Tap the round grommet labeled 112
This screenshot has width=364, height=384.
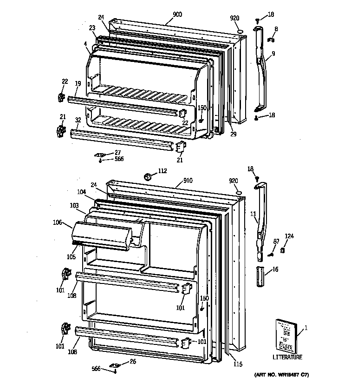148,176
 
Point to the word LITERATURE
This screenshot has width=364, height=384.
287,357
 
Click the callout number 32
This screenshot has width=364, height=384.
78,120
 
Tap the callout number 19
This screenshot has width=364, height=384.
78,83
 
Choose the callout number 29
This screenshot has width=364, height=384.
233,134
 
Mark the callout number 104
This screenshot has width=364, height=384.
82,191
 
